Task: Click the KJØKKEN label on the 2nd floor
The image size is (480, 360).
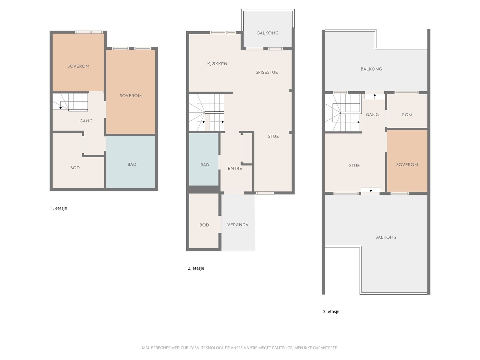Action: pyautogui.click(x=217, y=64)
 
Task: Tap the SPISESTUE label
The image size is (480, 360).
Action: pyautogui.click(x=266, y=72)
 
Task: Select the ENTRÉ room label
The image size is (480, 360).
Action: pyautogui.click(x=235, y=169)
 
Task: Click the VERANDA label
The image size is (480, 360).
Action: pyautogui.click(x=238, y=225)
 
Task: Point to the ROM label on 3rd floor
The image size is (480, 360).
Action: pyautogui.click(x=407, y=115)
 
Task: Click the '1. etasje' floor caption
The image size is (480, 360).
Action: pyautogui.click(x=59, y=208)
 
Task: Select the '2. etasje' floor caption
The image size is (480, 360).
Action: pyautogui.click(x=196, y=268)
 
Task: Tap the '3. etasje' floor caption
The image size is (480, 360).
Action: pyautogui.click(x=331, y=311)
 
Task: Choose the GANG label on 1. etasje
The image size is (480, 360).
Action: pyautogui.click(x=86, y=121)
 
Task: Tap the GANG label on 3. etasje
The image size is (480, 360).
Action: pyautogui.click(x=372, y=115)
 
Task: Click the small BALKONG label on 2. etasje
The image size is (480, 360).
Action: pyautogui.click(x=268, y=33)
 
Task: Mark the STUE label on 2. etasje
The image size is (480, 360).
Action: pyautogui.click(x=273, y=136)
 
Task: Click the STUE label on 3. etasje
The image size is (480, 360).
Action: pyautogui.click(x=354, y=166)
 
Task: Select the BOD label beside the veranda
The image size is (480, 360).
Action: pyautogui.click(x=204, y=225)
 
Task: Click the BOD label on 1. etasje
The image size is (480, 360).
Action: pyautogui.click(x=75, y=168)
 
